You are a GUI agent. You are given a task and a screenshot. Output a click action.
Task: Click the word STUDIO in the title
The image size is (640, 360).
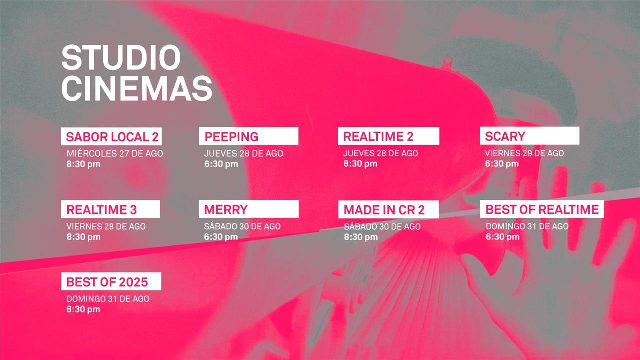coord(121,57)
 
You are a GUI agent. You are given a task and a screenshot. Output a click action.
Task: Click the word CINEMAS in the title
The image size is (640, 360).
coord(137,88)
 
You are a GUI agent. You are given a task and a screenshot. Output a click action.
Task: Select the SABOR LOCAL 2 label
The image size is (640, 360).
coord(111,136)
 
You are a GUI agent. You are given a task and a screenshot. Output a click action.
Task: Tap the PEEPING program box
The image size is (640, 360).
coord(249,136)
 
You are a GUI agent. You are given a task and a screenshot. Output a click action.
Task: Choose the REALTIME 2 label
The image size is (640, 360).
coord(388,136)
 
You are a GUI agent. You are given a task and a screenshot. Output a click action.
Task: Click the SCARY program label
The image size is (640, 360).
coord(529,136)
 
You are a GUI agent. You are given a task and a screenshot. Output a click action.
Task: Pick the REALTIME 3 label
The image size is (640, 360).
coord(110,209)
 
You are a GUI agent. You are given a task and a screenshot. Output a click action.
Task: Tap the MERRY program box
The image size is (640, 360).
coord(249,209)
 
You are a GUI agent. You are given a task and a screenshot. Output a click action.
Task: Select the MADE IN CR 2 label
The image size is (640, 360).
coord(388,209)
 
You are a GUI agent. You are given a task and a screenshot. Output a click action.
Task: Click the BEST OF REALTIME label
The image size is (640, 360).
coord(542,209)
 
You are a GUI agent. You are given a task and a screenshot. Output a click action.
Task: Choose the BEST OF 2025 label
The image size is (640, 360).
coord(111,281)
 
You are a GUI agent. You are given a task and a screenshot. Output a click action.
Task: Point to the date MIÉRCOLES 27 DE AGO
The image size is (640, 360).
coord(115,153)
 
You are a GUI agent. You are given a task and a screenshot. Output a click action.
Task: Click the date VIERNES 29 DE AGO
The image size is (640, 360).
coord(524,153)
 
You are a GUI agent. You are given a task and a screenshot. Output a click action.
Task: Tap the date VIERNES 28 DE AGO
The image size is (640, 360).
coord(106,226)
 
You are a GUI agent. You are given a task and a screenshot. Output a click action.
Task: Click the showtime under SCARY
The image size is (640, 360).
coord(502,164)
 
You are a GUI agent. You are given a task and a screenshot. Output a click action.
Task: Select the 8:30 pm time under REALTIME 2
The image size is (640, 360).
coord(360,164)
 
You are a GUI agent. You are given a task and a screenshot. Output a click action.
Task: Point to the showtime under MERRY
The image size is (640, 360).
coord(221,237)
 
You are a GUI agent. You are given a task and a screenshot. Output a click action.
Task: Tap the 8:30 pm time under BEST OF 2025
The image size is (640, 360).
coord(83,309)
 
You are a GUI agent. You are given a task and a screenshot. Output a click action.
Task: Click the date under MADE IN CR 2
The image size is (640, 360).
coord(382,226)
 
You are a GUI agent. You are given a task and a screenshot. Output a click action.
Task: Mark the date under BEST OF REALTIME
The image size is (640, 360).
coord(527,226)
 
